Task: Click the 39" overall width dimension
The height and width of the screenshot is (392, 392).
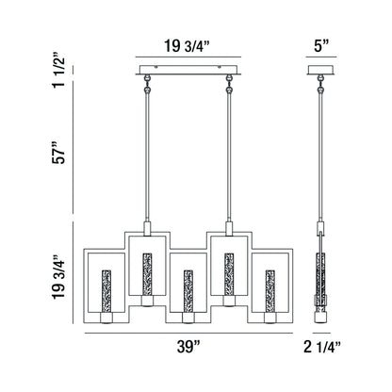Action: pos(188,347)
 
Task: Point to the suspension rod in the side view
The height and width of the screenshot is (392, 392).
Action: pos(322,160)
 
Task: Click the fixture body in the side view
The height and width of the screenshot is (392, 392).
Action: pos(322,283)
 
